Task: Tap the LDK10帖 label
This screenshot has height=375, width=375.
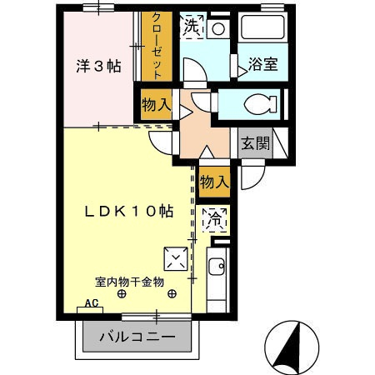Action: (128, 212)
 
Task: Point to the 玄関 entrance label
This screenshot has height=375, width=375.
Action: (255, 143)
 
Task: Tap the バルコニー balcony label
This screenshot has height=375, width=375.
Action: (137, 337)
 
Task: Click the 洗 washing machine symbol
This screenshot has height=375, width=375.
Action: (192, 27)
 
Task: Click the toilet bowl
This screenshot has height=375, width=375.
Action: (260, 105)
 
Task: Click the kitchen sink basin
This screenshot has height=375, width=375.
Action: (215, 268)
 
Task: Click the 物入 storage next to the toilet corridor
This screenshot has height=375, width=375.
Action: (155, 106)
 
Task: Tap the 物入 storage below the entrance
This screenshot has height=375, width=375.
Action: (214, 181)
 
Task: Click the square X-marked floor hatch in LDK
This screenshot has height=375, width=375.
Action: (175, 259)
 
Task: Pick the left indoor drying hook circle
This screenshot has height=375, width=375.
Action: (122, 294)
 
